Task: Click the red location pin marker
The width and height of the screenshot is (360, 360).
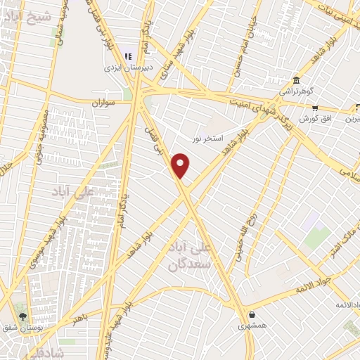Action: click(x=181, y=165)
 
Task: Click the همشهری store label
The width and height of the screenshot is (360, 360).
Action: click(x=252, y=326)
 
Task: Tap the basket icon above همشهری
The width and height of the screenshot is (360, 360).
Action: click(x=252, y=314)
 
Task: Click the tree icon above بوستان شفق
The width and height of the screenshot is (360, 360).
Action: click(x=23, y=316)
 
